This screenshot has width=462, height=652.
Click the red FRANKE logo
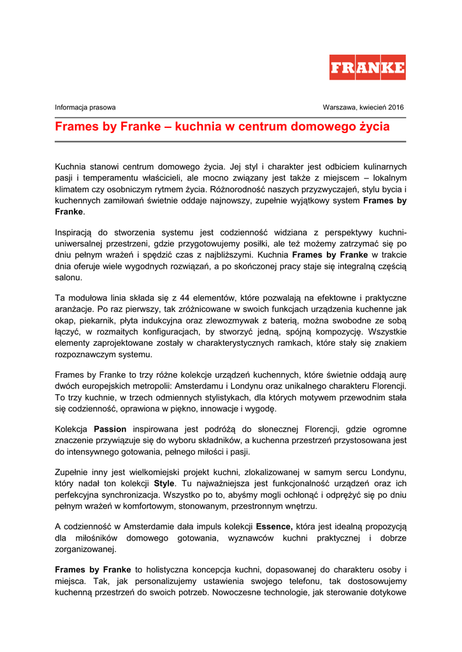click(367, 67)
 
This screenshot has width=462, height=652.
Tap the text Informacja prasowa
click(85, 108)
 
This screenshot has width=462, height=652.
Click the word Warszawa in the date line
click(338, 108)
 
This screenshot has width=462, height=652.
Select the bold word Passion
click(110, 429)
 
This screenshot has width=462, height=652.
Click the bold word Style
click(164, 483)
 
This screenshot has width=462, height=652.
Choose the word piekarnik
click(94, 320)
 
